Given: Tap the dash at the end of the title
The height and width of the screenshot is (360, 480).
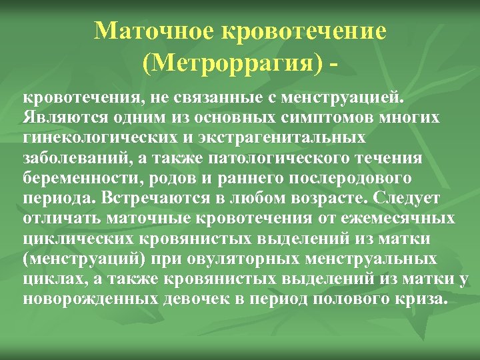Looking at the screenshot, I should click(x=331, y=65).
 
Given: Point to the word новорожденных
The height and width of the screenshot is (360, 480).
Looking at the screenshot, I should click(x=89, y=299).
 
